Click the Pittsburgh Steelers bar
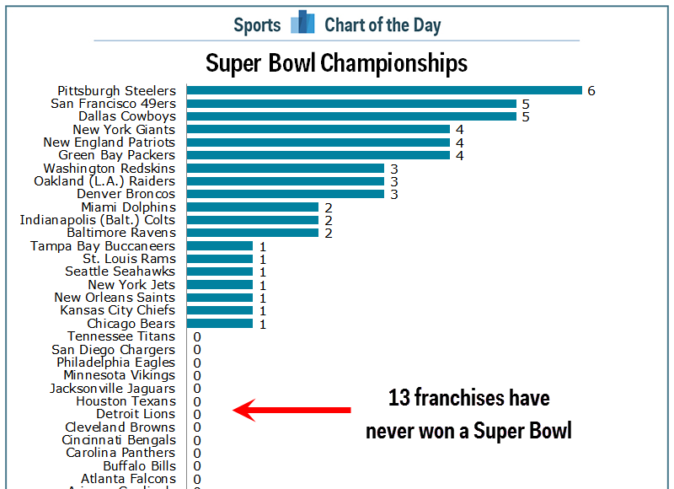[x=383, y=90]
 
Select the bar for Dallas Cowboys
[x=350, y=116]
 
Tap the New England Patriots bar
[x=318, y=142]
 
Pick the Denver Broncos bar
[x=285, y=194]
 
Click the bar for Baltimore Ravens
[x=252, y=233]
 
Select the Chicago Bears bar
[x=219, y=323]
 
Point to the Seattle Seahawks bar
[x=219, y=271]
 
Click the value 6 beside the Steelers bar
[x=591, y=91]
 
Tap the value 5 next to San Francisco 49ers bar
[x=525, y=104]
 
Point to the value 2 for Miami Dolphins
[x=328, y=207]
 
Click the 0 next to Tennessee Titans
[x=196, y=336]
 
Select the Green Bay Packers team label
[x=116, y=155]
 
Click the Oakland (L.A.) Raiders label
[x=104, y=181]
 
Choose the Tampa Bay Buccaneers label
[x=103, y=246]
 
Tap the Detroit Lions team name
[x=136, y=414]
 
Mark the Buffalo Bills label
[x=139, y=465]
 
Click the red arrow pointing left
[x=292, y=411]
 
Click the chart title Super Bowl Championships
[x=336, y=63]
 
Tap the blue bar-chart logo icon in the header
[x=302, y=24]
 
